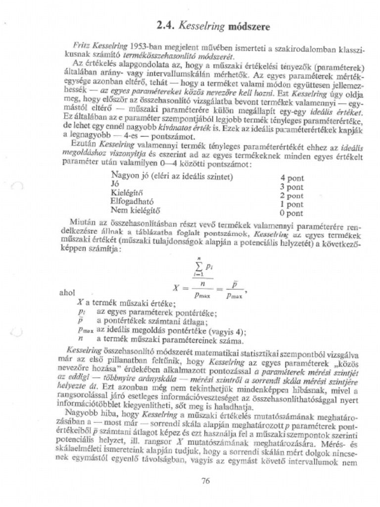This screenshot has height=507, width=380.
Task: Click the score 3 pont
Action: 291,187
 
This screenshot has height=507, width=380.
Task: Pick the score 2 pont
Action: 291,196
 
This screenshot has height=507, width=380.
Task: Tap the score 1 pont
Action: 291,204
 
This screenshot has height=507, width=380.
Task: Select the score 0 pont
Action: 291,213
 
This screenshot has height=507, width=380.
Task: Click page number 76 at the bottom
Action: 206,480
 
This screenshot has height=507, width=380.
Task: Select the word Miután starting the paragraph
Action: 82,222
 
